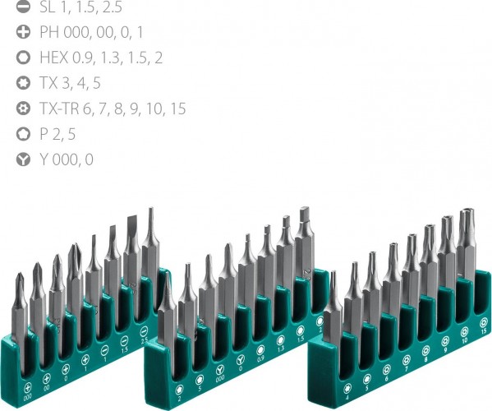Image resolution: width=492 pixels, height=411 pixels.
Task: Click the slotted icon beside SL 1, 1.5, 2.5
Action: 23,7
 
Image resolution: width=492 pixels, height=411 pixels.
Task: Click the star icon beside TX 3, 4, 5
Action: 23,83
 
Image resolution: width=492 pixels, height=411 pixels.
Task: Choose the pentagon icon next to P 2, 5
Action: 23,134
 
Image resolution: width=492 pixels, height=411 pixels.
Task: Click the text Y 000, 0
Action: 66,159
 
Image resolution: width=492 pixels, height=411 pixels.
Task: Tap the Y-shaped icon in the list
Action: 23,159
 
